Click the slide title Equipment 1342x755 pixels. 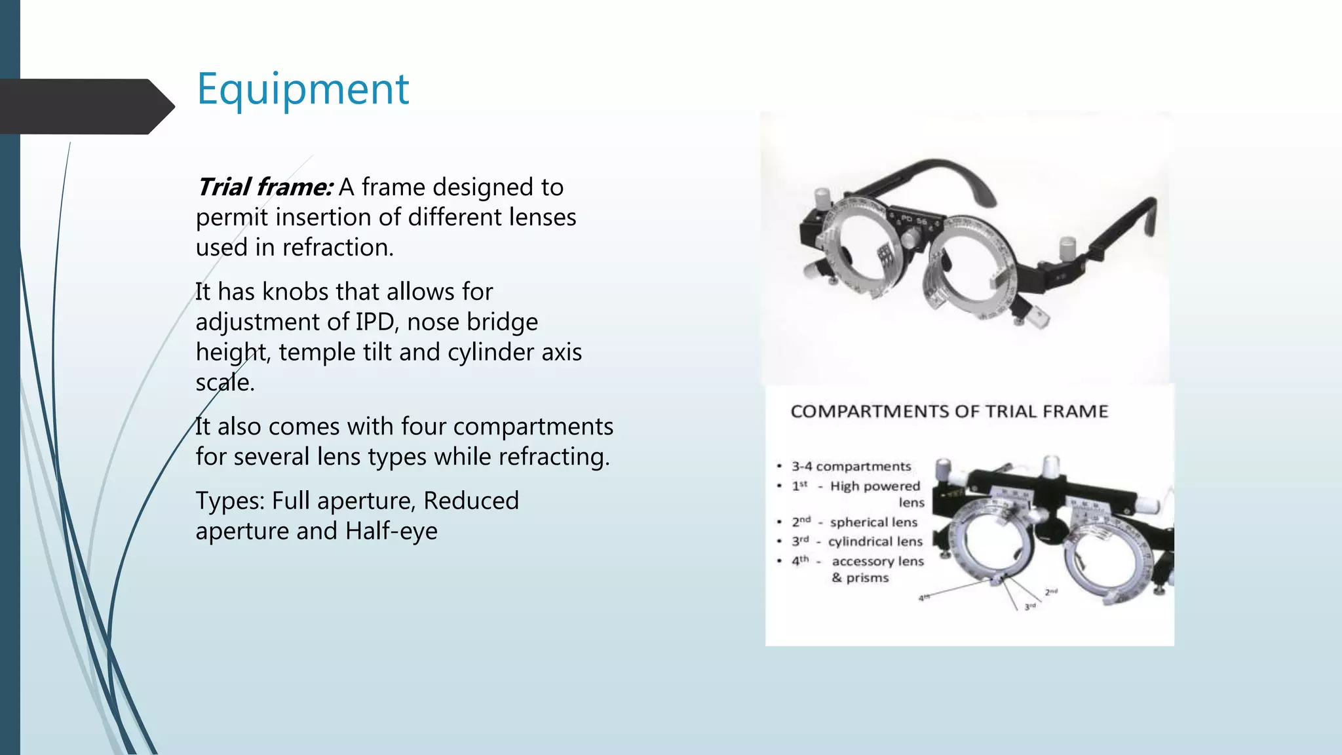coord(303,89)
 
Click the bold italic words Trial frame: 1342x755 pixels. coord(265,187)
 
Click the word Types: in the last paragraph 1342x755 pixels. coord(230,501)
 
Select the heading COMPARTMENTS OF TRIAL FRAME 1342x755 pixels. coord(949,412)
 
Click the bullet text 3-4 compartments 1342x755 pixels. coord(851,467)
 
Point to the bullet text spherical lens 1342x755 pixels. coord(873,522)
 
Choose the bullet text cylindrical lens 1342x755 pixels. coord(875,542)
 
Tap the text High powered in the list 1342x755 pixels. coord(875,486)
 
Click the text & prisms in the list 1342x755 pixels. coord(860,578)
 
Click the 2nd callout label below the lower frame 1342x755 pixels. coord(1051,592)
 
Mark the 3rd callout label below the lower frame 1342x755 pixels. coord(1030,608)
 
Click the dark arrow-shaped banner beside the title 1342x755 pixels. coord(85,106)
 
